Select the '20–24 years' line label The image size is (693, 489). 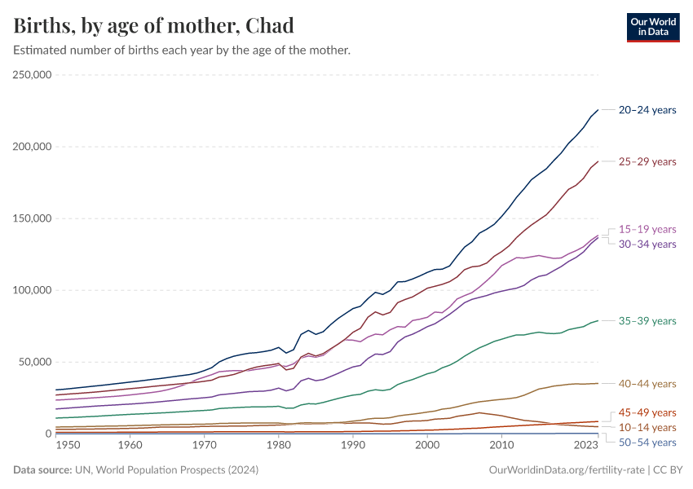(x=647, y=109)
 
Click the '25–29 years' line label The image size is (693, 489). (x=647, y=161)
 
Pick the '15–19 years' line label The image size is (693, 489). (x=647, y=229)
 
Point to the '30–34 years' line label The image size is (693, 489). (x=647, y=244)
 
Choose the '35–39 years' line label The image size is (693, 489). (x=647, y=321)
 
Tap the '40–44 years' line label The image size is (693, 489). (x=647, y=383)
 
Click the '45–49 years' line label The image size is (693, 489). (x=647, y=412)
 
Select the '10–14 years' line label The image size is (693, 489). (x=647, y=427)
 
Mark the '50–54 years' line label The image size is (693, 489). (x=647, y=442)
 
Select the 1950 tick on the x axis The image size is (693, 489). (x=68, y=446)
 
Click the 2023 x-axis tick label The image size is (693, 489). (x=585, y=446)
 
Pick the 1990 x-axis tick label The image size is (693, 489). (x=352, y=446)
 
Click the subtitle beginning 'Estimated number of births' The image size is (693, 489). (x=182, y=51)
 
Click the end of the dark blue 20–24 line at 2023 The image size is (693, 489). (x=598, y=110)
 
